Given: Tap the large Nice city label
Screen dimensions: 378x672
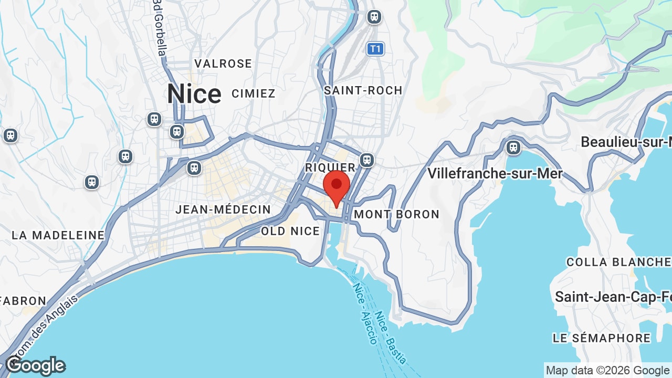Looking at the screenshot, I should click(194, 94).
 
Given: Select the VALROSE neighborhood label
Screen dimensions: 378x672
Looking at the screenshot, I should click(223, 64).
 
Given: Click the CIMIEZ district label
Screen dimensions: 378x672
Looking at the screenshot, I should click(254, 93).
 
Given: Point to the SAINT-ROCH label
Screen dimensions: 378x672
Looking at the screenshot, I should click(363, 90).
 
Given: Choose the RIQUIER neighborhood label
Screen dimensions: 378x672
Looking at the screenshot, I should click(331, 167).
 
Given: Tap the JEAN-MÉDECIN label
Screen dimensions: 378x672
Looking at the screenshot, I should click(223, 209).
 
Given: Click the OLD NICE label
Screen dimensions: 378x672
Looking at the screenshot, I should click(290, 231).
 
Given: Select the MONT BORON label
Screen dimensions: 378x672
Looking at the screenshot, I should click(396, 214).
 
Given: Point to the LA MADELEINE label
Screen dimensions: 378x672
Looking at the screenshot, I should click(58, 235).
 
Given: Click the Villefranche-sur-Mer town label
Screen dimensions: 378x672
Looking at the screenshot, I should click(495, 173).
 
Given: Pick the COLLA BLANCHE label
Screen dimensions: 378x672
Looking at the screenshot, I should click(618, 262).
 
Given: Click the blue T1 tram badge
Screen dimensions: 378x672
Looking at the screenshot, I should click(375, 49).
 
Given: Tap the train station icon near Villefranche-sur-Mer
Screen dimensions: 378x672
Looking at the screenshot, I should click(513, 147).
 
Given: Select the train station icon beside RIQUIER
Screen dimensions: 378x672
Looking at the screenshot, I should click(367, 159).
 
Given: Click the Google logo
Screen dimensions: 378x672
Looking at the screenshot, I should click(35, 366).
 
